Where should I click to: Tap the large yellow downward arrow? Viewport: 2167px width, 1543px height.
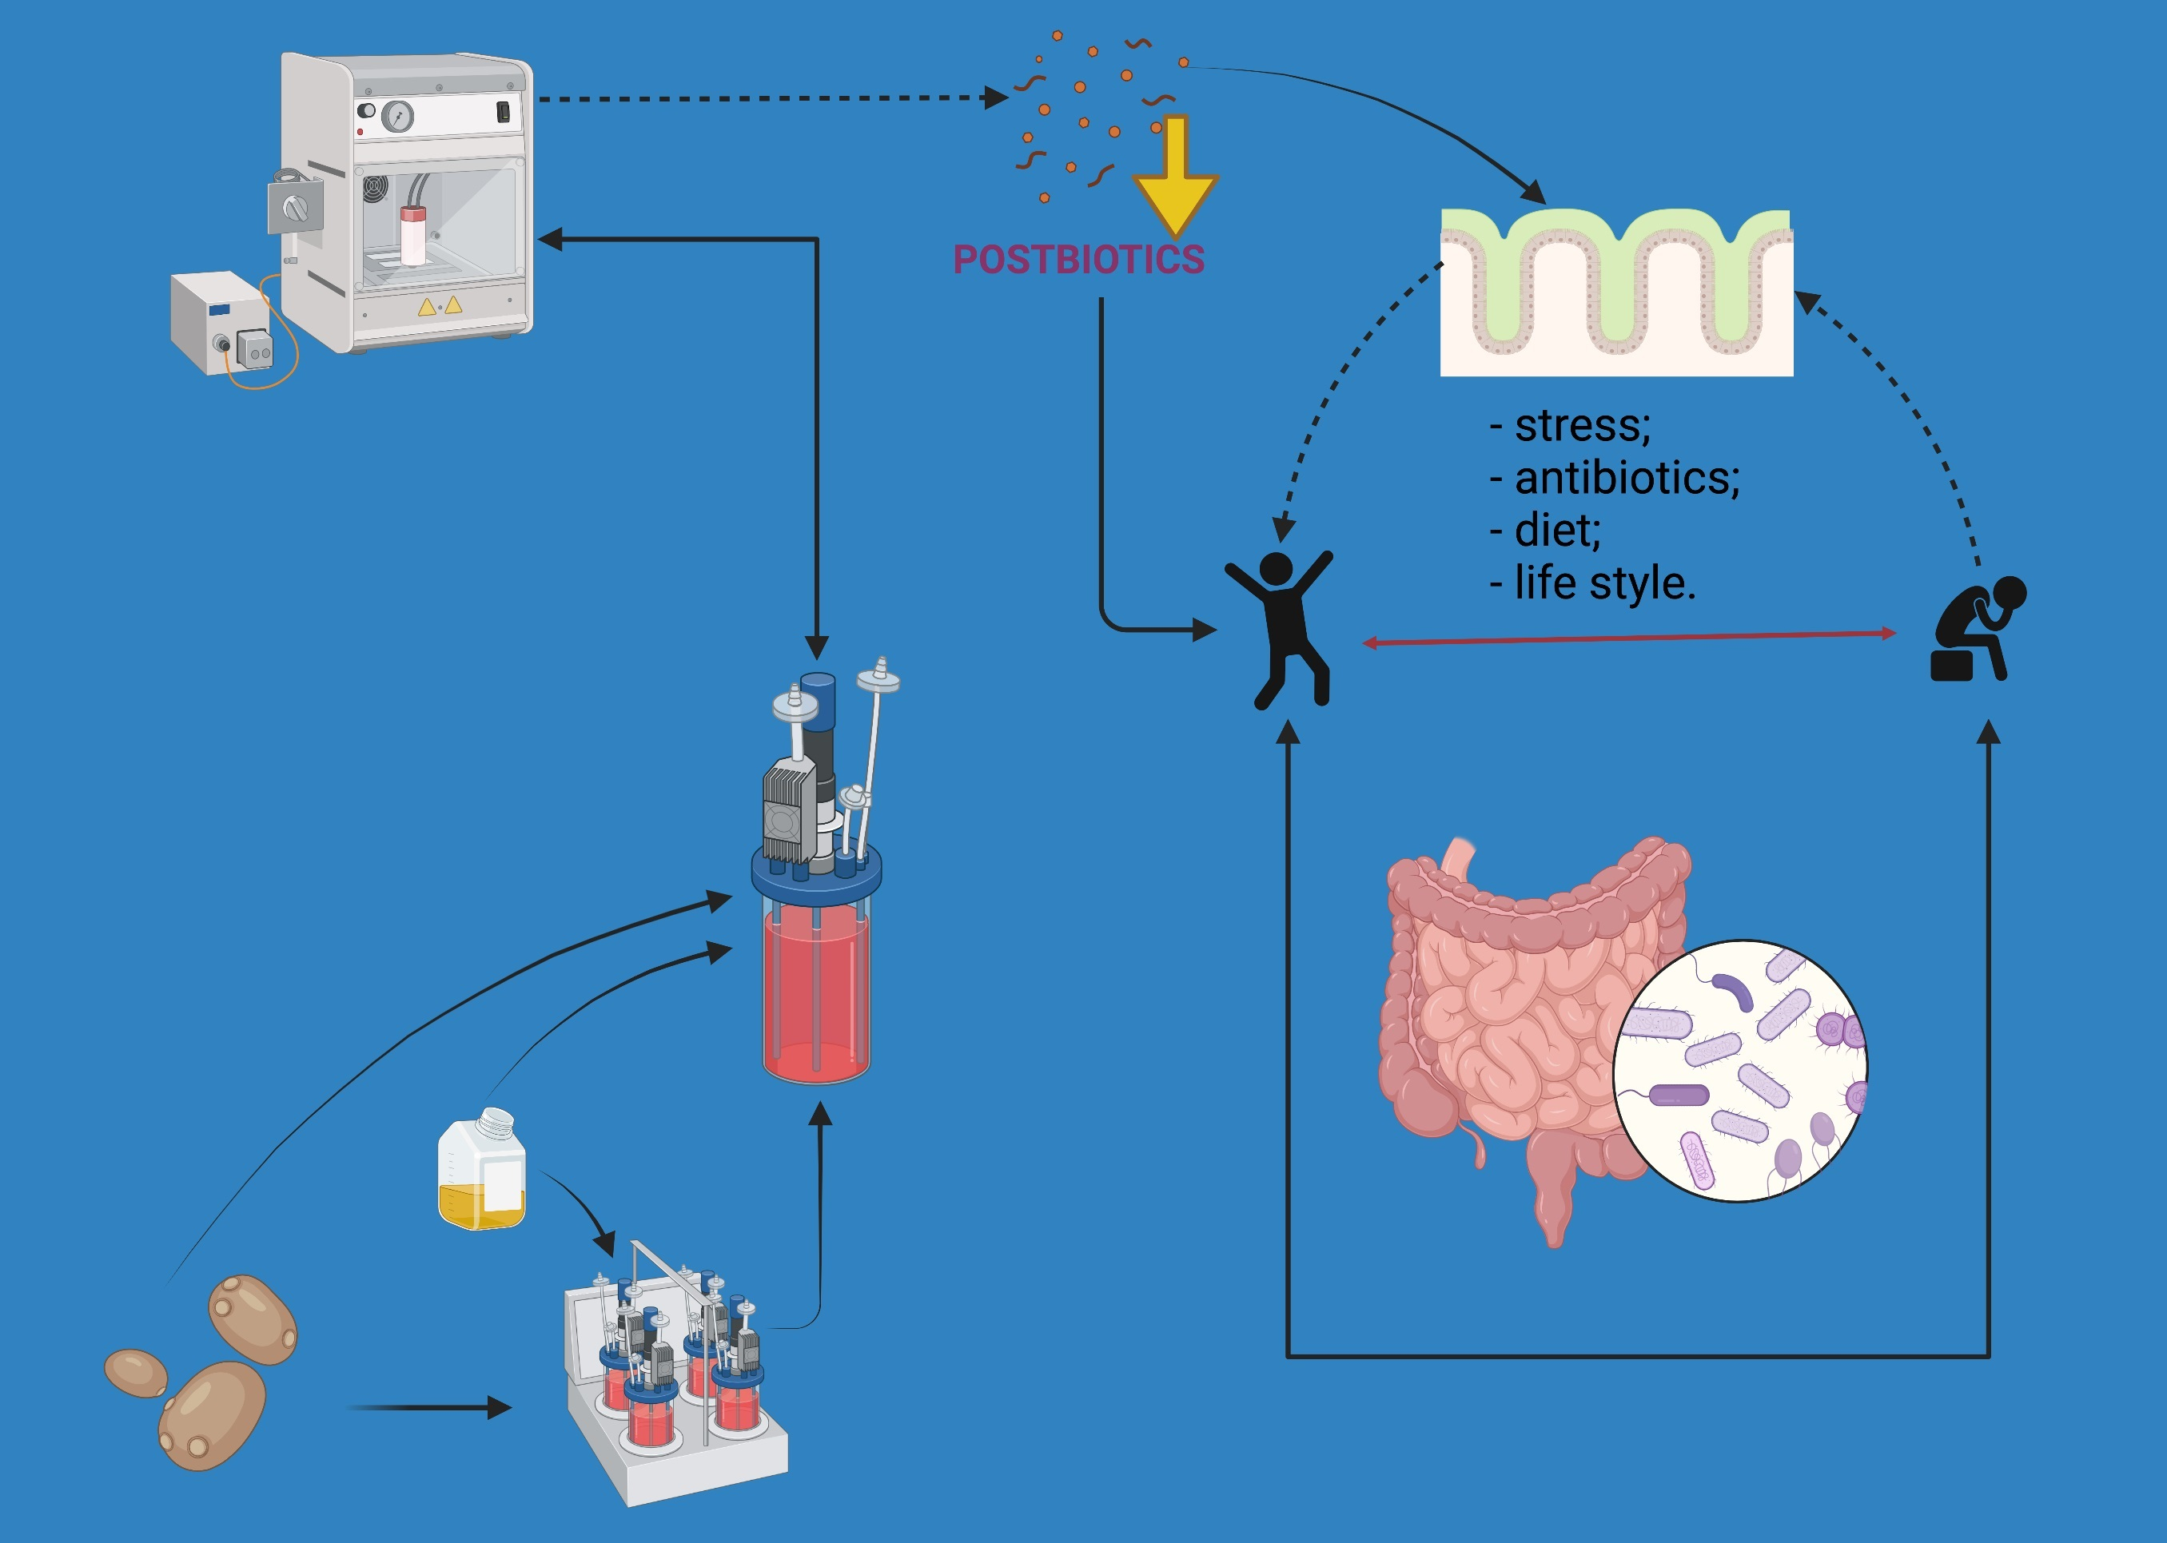(x=1176, y=181)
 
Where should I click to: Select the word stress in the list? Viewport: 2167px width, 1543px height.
(x=1582, y=425)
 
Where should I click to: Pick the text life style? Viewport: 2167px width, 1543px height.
(x=1603, y=583)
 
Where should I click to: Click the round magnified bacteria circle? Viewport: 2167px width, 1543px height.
(x=1740, y=1071)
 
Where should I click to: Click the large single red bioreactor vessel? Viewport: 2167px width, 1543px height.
(x=816, y=988)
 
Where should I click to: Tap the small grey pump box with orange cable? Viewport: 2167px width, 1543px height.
(x=221, y=322)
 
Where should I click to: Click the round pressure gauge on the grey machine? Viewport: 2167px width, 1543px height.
(x=397, y=117)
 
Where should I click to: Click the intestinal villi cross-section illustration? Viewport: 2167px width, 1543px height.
(x=1615, y=292)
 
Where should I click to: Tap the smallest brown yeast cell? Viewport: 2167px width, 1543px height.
(x=135, y=1373)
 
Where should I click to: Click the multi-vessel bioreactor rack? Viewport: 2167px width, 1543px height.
(x=675, y=1387)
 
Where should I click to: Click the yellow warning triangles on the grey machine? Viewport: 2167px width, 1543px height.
(x=440, y=306)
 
